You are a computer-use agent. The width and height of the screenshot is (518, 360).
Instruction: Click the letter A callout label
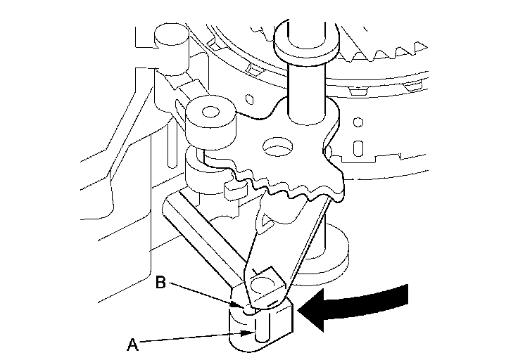[x=131, y=344]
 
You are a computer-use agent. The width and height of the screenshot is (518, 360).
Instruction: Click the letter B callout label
[x=160, y=283]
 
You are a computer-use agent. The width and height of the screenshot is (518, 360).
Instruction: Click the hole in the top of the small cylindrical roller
[x=209, y=110]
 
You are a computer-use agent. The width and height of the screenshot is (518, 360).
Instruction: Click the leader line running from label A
[x=190, y=338]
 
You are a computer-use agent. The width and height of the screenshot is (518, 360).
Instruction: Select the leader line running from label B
[x=204, y=295]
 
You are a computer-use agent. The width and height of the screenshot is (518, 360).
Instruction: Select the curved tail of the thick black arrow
[x=380, y=297]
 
